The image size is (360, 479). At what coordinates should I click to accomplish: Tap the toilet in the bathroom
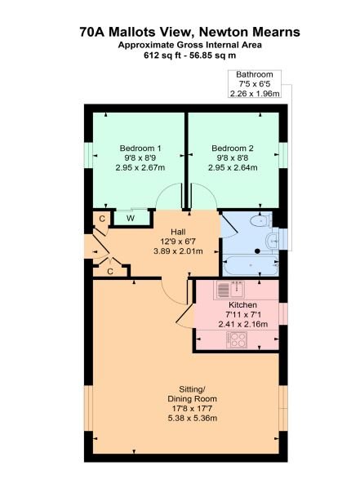[260, 220]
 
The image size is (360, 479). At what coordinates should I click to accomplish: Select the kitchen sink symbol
[231, 289]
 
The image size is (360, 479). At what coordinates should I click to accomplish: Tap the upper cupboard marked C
[101, 218]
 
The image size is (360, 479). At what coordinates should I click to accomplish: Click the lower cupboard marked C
[109, 270]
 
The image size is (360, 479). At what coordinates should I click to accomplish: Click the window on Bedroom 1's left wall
[85, 154]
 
